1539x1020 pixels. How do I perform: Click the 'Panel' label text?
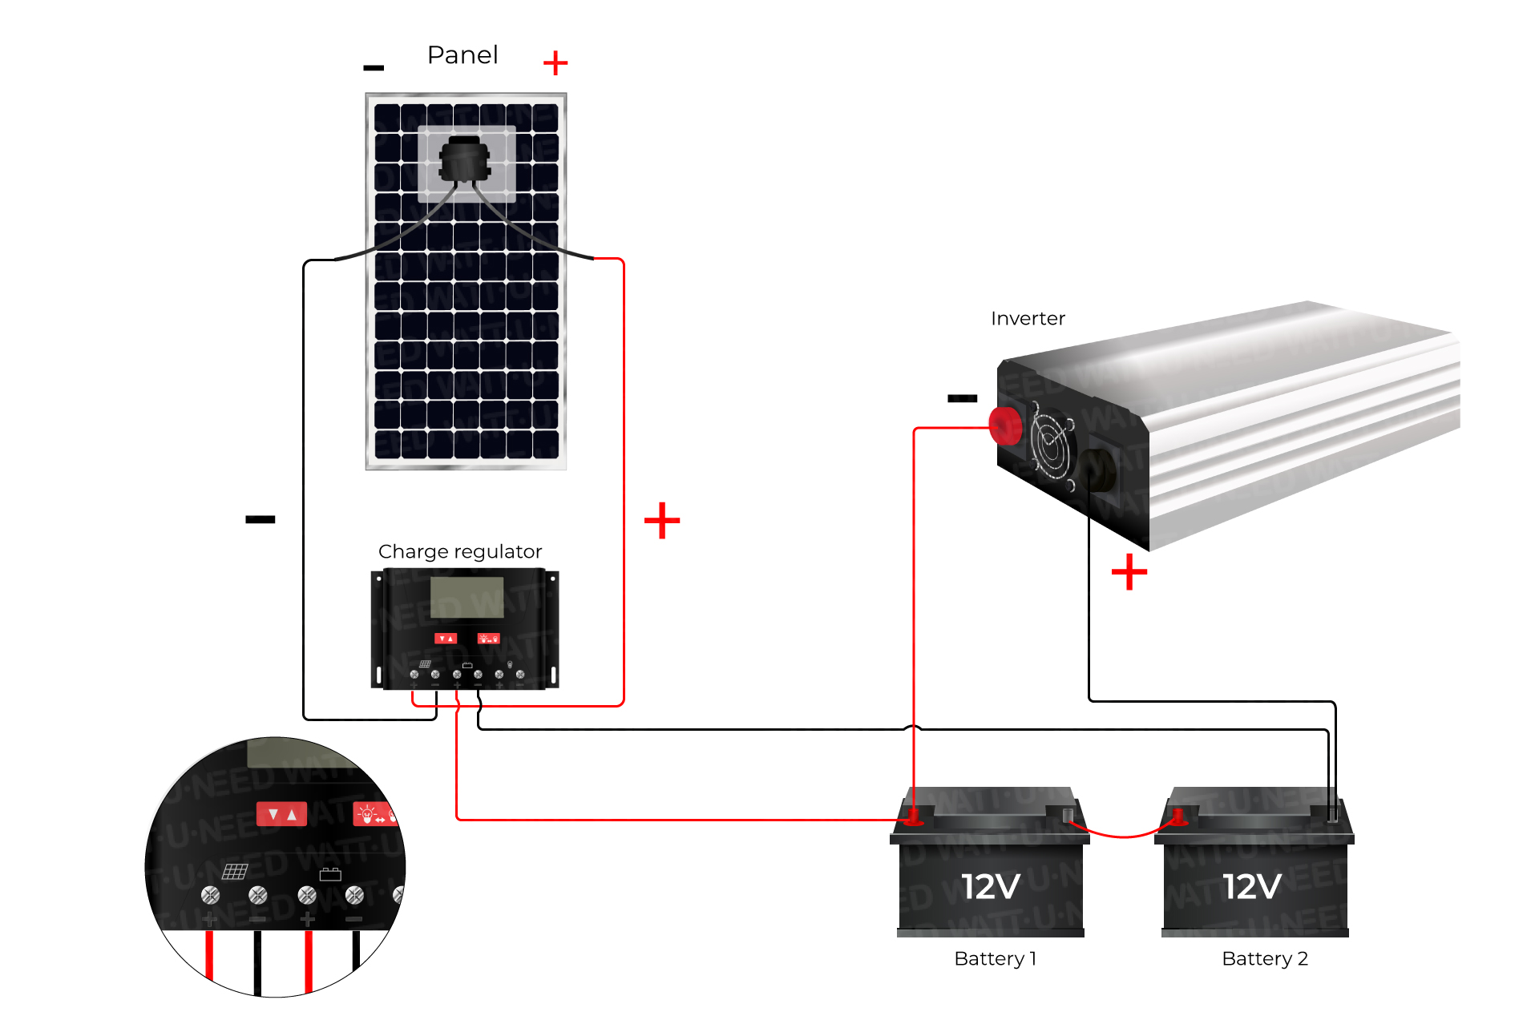coord(463,55)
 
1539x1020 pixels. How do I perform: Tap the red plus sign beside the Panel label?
coord(555,62)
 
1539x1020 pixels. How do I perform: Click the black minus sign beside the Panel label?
coord(374,68)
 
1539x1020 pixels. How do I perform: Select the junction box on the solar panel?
coord(464,159)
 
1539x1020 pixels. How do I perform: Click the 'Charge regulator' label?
coord(460,551)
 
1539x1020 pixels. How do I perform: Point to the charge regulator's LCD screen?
coord(467,597)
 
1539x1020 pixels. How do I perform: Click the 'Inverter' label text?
coord(1028,319)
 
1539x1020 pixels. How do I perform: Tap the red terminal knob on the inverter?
coord(1005,425)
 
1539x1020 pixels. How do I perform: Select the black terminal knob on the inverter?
coord(1097,470)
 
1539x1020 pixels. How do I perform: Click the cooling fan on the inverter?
coord(1052,446)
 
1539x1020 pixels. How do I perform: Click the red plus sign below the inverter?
coord(1129,572)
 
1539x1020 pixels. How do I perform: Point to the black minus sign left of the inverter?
coord(962,398)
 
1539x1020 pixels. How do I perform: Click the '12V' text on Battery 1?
coord(991,886)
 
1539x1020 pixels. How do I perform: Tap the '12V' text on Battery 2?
coord(1252,886)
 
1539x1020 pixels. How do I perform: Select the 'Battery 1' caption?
coord(995,958)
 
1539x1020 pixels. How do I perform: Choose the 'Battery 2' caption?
coord(1264,958)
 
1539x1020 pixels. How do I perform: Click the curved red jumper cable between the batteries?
coord(1123,835)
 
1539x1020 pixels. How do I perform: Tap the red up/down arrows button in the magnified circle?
coord(281,814)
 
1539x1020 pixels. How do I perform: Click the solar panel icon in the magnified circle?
coord(235,871)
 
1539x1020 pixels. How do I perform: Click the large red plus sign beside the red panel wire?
coord(662,521)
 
